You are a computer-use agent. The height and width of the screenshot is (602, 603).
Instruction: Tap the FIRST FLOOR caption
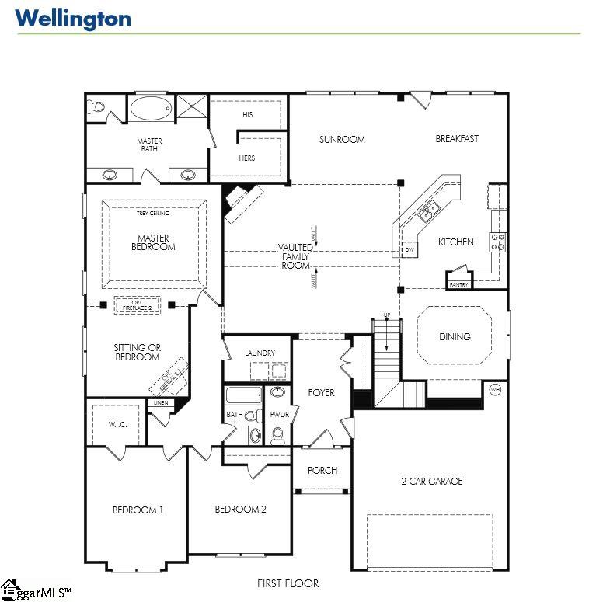(288, 583)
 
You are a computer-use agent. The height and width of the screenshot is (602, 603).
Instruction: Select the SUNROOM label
(342, 140)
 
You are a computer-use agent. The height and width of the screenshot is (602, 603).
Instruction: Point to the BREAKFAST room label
(457, 139)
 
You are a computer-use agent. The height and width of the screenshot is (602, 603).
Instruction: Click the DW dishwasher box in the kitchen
(410, 249)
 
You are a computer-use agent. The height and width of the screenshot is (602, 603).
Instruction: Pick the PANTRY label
(458, 285)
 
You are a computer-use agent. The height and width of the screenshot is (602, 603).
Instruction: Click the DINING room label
(455, 336)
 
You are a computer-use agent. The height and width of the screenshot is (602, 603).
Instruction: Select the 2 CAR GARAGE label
(431, 481)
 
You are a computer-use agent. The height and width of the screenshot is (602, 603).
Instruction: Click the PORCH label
(322, 470)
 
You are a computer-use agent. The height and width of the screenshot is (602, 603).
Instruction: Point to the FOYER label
(321, 392)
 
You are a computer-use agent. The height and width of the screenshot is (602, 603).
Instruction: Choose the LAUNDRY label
(260, 353)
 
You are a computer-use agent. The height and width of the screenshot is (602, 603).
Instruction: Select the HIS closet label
(247, 114)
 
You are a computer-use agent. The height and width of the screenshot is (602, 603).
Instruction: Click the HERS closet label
(247, 158)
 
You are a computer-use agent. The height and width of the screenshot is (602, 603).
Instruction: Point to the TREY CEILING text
(152, 213)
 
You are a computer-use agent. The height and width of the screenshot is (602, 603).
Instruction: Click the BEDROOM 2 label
(241, 510)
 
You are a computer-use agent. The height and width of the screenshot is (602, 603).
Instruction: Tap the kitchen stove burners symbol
(497, 242)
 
